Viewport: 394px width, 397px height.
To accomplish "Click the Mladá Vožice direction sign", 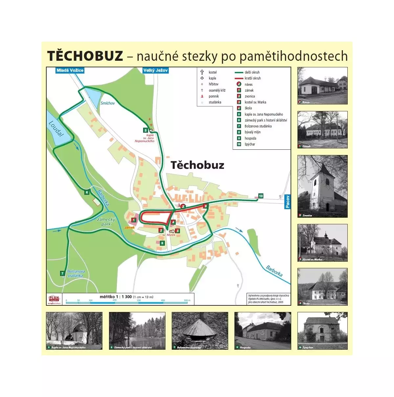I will point(70,70).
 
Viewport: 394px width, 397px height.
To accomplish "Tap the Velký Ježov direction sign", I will point(156,70).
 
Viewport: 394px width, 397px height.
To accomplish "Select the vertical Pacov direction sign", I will point(287,202).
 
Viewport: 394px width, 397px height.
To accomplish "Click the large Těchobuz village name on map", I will point(197,165).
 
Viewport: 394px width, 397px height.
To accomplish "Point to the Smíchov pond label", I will point(108,103).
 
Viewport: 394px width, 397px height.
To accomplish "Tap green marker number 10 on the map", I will point(261,196).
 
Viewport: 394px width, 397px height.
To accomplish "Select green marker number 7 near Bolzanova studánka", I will point(62,273).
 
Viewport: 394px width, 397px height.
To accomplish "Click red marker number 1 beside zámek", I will point(134,220).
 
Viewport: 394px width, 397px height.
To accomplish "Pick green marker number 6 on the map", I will point(87,192).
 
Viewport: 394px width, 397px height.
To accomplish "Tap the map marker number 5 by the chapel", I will point(145,130).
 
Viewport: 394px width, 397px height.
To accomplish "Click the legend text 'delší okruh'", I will point(252,72).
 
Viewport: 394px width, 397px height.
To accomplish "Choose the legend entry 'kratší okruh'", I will point(252,78).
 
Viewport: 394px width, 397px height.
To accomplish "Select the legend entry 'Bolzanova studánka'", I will point(258,126).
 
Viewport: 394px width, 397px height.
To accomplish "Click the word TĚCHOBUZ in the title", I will point(85,56).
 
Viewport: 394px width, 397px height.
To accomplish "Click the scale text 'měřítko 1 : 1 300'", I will point(116,297).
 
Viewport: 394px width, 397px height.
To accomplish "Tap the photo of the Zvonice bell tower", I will point(322,186).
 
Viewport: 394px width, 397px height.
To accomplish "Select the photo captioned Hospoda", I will point(263,331).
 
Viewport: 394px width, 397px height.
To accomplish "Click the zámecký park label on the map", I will point(106,222).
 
